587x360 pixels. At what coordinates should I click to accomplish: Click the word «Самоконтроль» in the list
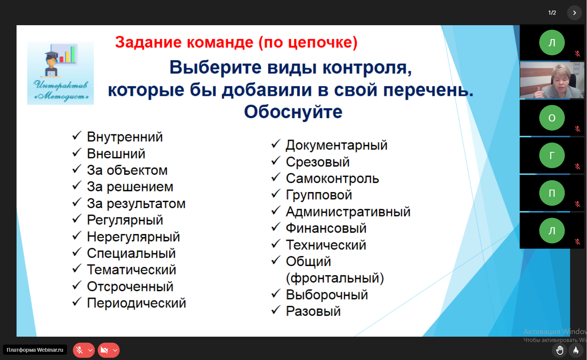pyautogui.click(x=332, y=179)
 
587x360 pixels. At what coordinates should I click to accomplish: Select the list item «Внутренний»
pyautogui.click(x=125, y=137)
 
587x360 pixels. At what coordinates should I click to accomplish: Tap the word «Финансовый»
pyautogui.click(x=326, y=228)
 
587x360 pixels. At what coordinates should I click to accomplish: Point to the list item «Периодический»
pyautogui.click(x=137, y=303)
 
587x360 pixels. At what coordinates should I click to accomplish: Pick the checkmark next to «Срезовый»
pyautogui.click(x=276, y=161)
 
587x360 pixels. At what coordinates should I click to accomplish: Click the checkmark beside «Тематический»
pyautogui.click(x=77, y=268)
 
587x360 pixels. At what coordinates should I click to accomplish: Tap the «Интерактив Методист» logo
pyautogui.click(x=61, y=73)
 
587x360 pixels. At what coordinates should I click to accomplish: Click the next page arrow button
pyautogui.click(x=575, y=13)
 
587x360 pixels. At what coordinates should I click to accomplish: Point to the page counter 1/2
pyautogui.click(x=552, y=13)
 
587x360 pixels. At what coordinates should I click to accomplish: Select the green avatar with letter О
pyautogui.click(x=552, y=118)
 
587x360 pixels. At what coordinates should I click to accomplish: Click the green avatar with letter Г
pyautogui.click(x=552, y=155)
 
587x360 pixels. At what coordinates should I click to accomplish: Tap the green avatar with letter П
pyautogui.click(x=552, y=193)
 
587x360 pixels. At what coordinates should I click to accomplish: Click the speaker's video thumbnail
pyautogui.click(x=552, y=80)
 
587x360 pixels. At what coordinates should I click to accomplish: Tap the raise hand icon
pyautogui.click(x=560, y=350)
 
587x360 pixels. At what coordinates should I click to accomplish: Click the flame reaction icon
pyautogui.click(x=576, y=350)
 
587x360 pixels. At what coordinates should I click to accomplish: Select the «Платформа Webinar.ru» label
pyautogui.click(x=35, y=350)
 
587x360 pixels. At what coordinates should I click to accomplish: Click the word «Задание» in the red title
pyautogui.click(x=148, y=43)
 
